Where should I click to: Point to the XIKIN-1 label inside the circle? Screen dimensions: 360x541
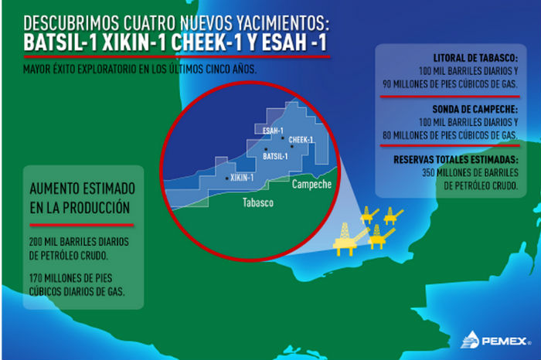[x=243, y=178]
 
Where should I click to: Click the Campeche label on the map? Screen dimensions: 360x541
[x=311, y=185]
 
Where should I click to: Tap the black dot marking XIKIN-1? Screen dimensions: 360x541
[x=226, y=178]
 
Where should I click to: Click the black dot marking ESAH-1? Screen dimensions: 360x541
[x=283, y=138]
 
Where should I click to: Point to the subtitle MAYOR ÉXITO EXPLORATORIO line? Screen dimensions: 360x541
[x=139, y=67]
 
